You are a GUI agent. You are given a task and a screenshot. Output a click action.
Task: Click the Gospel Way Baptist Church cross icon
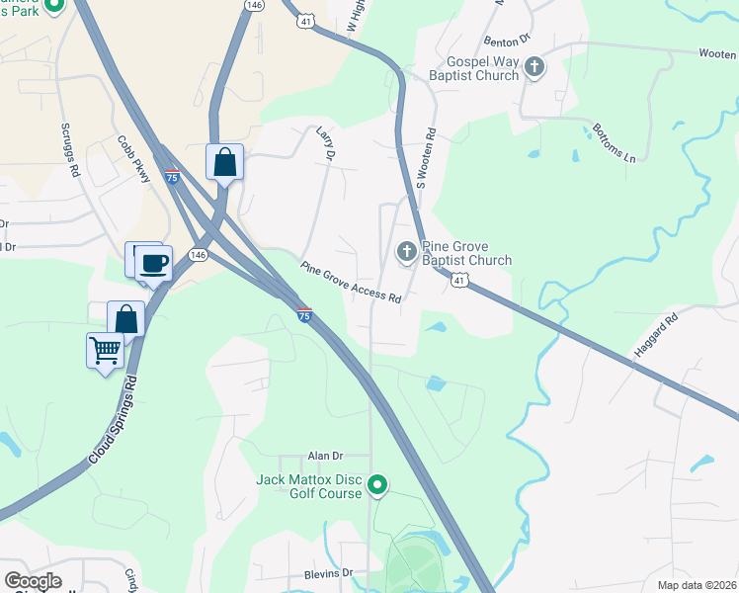tap(534, 67)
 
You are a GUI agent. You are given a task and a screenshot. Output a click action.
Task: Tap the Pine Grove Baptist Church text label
tap(466, 254)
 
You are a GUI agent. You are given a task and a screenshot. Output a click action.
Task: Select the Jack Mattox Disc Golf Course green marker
tap(376, 484)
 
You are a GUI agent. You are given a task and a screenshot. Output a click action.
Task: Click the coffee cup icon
tap(154, 263)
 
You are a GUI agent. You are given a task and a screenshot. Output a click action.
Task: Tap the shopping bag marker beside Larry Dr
tap(224, 161)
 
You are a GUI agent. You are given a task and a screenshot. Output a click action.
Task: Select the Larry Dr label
tap(326, 144)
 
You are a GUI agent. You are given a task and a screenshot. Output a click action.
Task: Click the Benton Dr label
tap(509, 41)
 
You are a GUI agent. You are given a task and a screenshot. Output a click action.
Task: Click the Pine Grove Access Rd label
tap(352, 283)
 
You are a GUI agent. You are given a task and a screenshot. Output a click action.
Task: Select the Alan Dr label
tap(325, 456)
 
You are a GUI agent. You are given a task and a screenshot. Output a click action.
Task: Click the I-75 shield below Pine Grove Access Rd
tap(305, 314)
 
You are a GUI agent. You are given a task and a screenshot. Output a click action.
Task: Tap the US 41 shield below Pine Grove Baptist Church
tap(459, 282)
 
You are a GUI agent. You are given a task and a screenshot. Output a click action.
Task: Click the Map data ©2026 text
tap(695, 584)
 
